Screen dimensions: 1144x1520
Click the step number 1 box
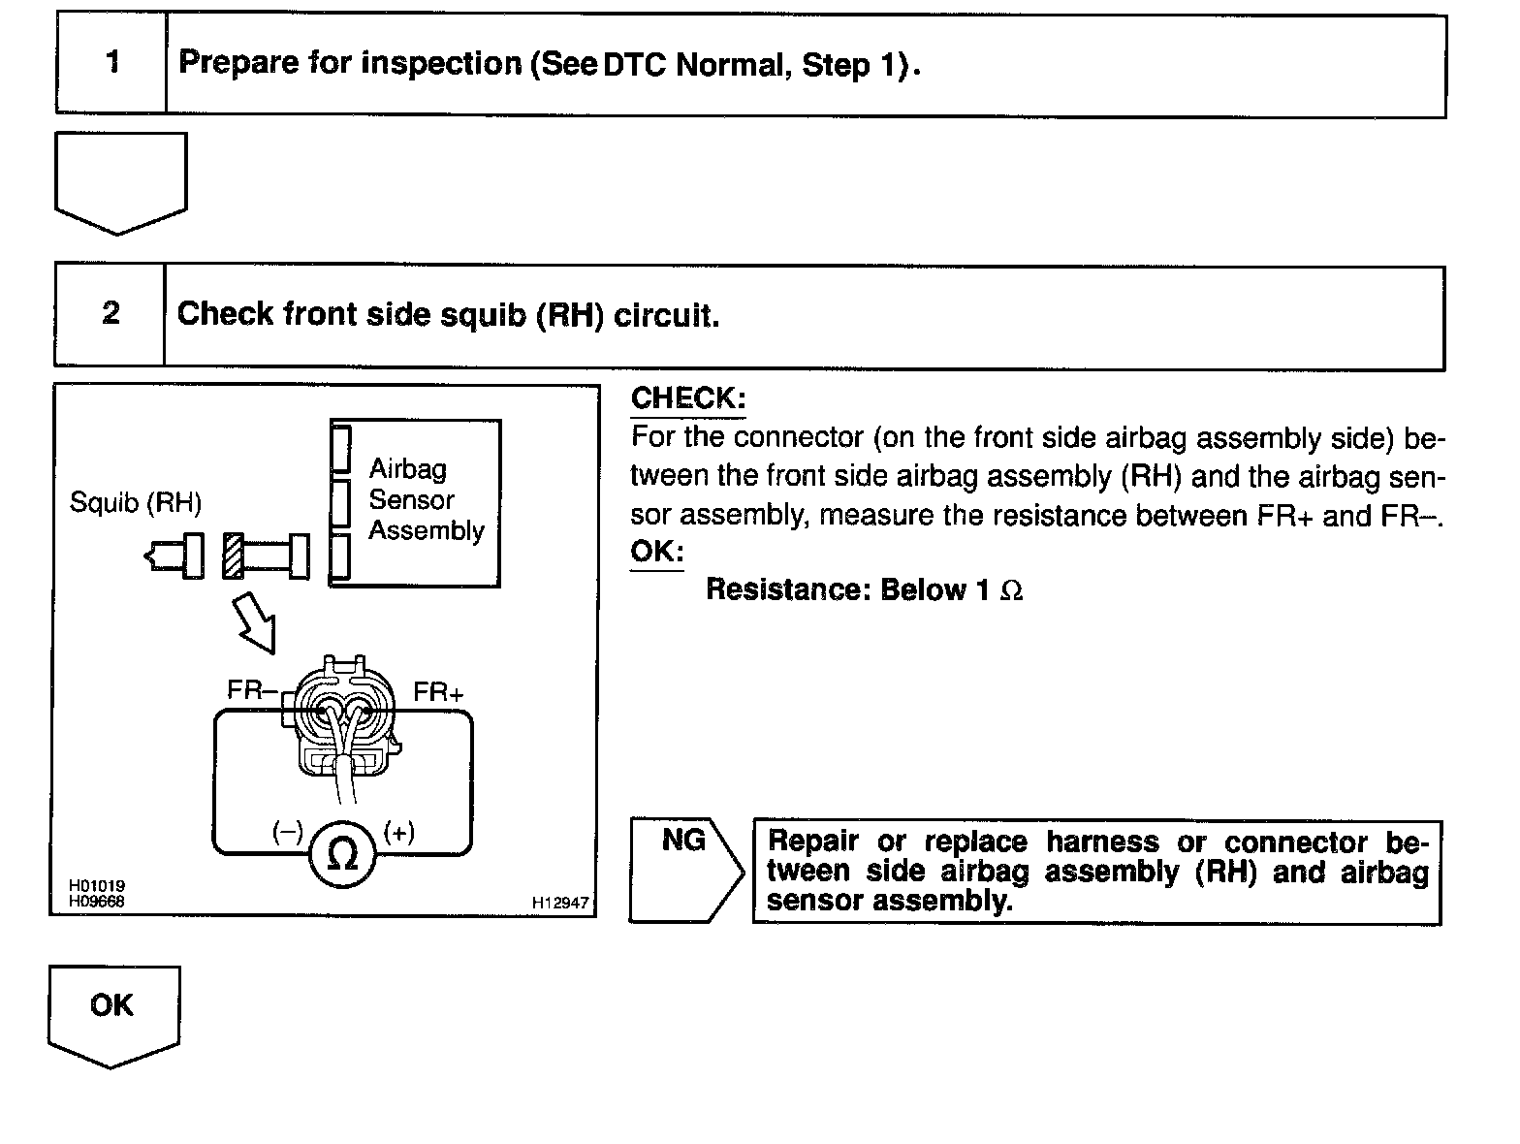pyautogui.click(x=111, y=64)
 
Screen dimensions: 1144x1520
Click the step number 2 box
pyautogui.click(x=110, y=314)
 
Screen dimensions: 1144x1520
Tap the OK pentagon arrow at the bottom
pyautogui.click(x=112, y=1013)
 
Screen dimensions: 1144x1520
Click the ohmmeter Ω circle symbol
pyautogui.click(x=342, y=854)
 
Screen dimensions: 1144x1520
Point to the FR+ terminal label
pyautogui.click(x=438, y=692)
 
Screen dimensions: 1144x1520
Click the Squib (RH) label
pyautogui.click(x=136, y=503)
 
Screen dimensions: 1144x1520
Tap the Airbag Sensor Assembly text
pyautogui.click(x=425, y=500)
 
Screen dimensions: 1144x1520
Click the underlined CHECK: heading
pyautogui.click(x=687, y=398)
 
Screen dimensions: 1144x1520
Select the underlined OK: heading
pyautogui.click(x=656, y=552)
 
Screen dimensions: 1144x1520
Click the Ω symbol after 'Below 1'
pyautogui.click(x=1010, y=591)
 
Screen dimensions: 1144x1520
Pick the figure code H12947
pyautogui.click(x=559, y=903)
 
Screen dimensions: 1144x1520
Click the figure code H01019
pyautogui.click(x=96, y=886)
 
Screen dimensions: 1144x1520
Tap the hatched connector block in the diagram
pyautogui.click(x=233, y=556)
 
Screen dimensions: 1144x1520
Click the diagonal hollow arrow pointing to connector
pyautogui.click(x=254, y=622)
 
